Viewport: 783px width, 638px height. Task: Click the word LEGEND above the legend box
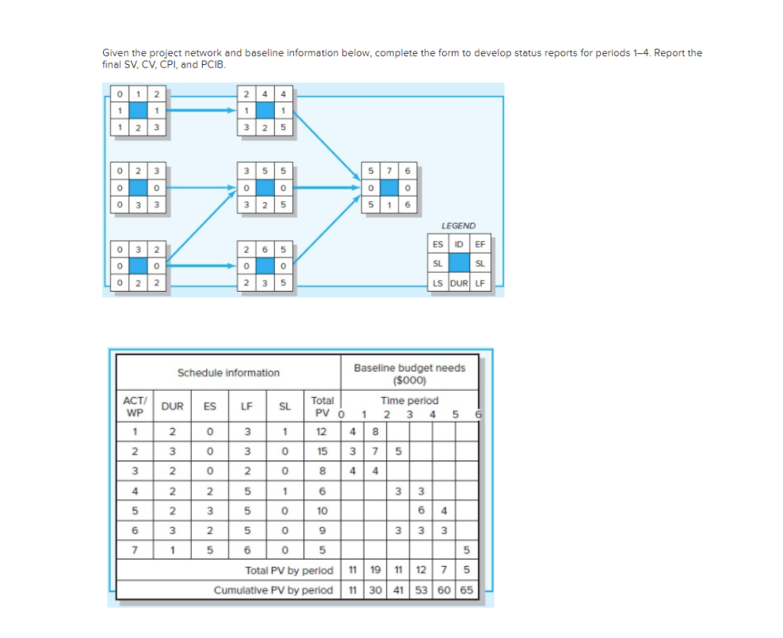(459, 226)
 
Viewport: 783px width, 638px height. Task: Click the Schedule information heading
(228, 372)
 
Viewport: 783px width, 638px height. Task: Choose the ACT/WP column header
(135, 407)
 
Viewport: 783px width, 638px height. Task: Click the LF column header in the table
(246, 407)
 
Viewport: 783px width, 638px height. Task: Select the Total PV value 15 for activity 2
(321, 451)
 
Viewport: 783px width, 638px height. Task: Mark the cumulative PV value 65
(466, 590)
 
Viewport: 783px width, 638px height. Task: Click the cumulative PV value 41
(398, 590)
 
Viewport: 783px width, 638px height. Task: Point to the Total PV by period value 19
(375, 570)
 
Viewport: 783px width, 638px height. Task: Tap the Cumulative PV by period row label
(273, 590)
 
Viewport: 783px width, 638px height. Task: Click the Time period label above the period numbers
(409, 401)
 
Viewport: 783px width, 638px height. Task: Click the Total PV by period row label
(289, 570)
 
